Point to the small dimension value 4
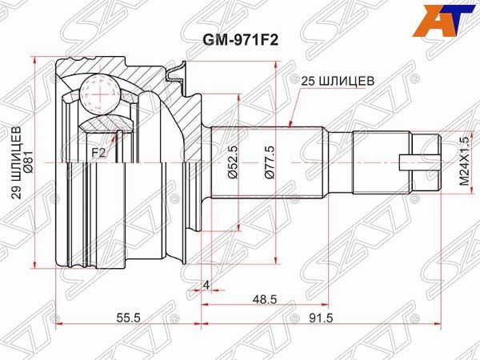(x=206, y=285)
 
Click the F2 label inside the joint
(x=97, y=150)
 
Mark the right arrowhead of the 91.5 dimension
(x=440, y=325)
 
